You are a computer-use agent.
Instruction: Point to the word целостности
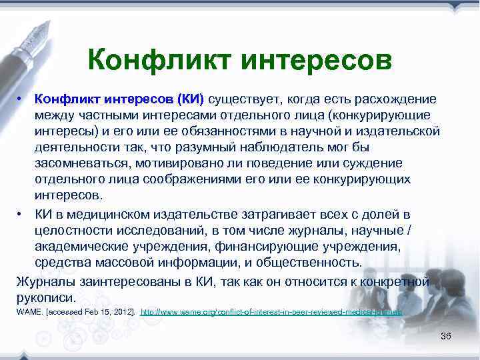[x=71, y=230]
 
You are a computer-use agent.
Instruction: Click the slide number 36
[x=445, y=336]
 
